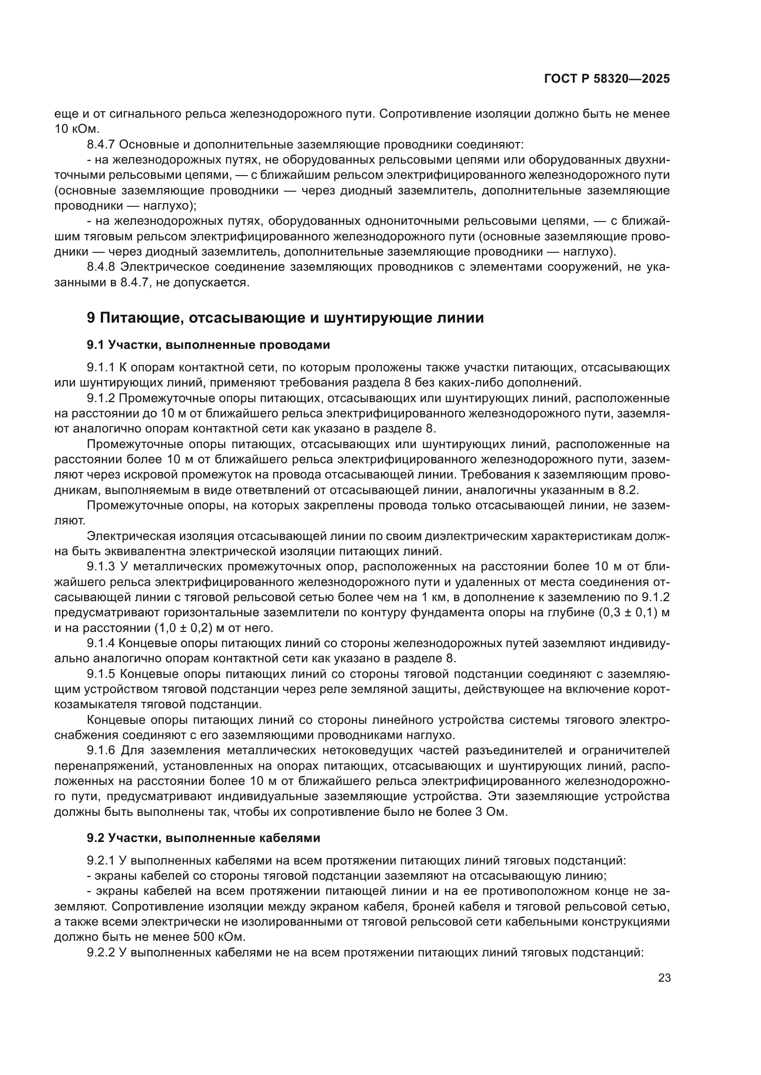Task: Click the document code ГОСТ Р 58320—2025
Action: coord(607,79)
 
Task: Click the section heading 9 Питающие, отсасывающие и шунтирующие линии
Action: coord(285,318)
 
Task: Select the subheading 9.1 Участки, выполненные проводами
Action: coord(208,345)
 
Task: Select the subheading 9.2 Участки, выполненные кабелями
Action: coord(203,838)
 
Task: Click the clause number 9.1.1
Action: coord(100,368)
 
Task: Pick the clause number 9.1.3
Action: coord(100,567)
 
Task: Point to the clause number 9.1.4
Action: coord(100,643)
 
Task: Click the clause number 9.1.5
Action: coord(100,674)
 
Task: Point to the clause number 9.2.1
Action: coord(100,860)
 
